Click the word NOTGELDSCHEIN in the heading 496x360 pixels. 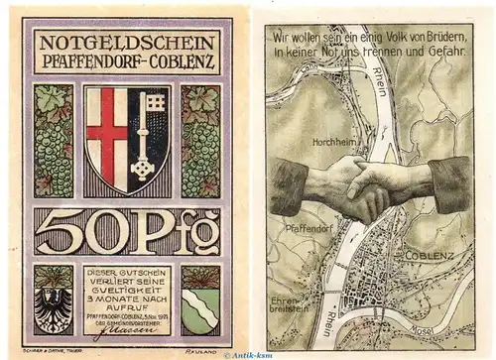(x=133, y=43)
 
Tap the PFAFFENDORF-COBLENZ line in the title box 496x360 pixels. (x=133, y=61)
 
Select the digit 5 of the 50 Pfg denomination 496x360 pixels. (x=68, y=235)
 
